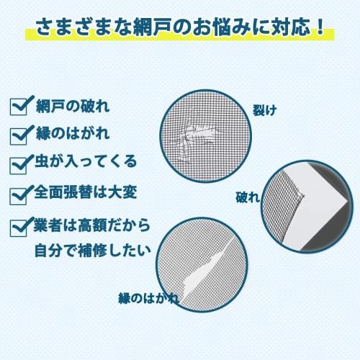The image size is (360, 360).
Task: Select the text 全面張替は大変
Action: tap(84, 194)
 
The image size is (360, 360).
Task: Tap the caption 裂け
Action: tap(264, 110)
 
